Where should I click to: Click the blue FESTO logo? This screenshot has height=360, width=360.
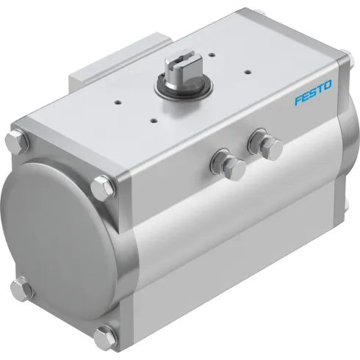click(313, 94)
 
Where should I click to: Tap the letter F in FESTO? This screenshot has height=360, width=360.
click(298, 100)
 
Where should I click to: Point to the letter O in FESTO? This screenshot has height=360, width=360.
click(328, 87)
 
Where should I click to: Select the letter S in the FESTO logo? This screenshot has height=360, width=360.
click(313, 94)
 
